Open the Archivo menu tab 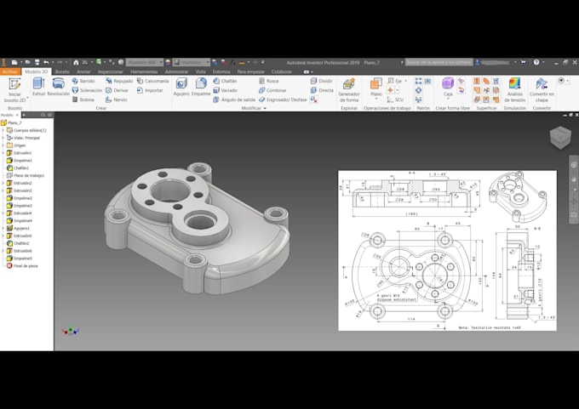point(10,71)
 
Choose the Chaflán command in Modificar point(226,80)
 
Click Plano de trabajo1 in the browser point(28,175)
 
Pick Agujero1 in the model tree point(21,228)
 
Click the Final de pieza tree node point(25,266)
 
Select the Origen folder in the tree point(20,145)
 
